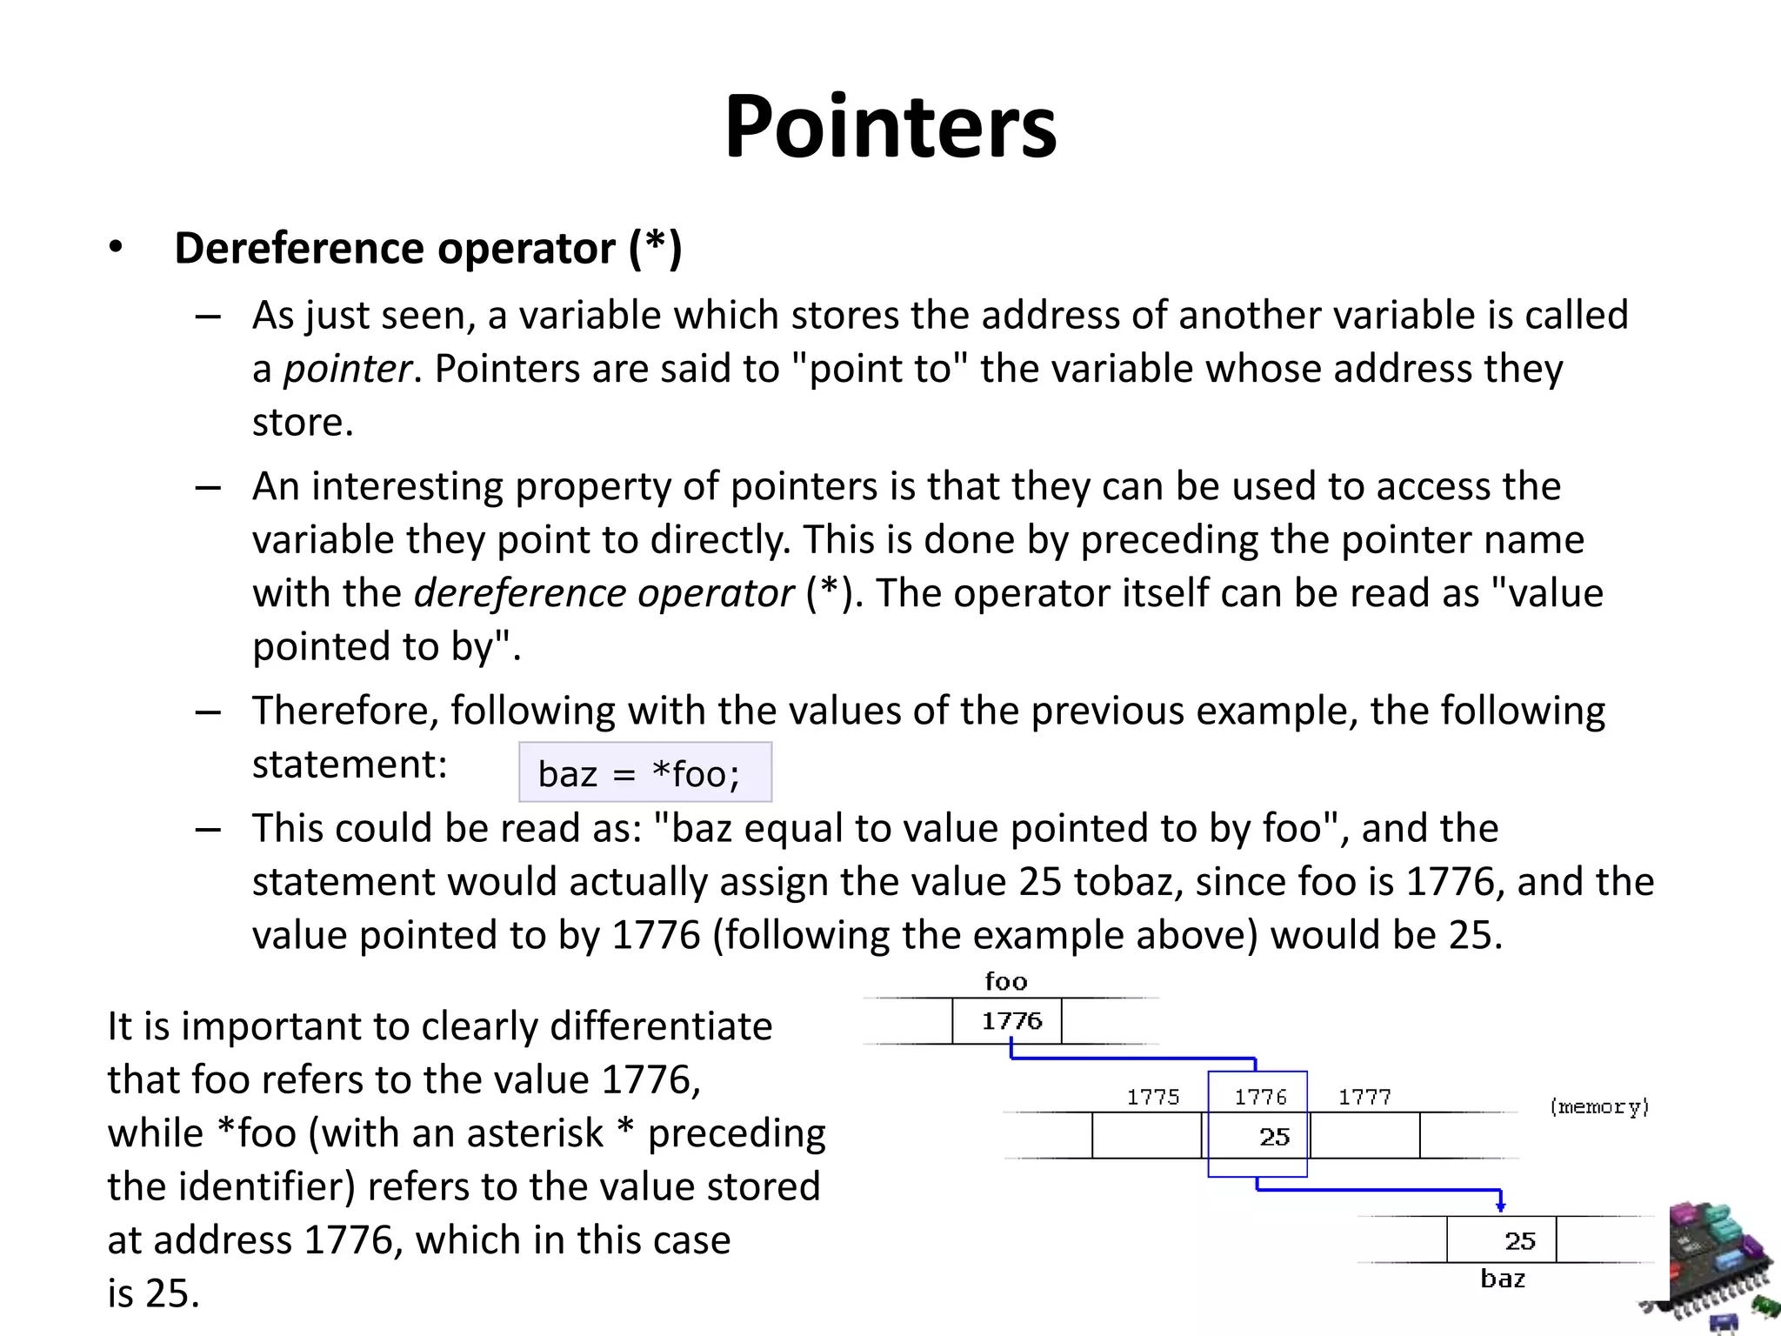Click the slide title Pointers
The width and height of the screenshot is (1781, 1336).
(890, 127)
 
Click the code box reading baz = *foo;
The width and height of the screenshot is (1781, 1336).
(644, 772)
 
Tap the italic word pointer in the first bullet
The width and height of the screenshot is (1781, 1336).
(347, 369)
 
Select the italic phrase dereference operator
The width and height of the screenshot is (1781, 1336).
(604, 593)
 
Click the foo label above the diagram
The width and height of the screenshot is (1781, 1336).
(1006, 982)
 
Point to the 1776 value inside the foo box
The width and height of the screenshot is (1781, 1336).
(1011, 1021)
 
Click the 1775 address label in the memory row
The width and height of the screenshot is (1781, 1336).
(1153, 1097)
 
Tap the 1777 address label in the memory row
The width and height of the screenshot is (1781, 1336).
(1364, 1097)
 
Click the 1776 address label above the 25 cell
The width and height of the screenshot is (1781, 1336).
(1260, 1097)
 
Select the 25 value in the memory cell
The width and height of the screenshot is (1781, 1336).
(1274, 1137)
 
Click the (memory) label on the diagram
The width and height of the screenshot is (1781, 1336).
(1599, 1106)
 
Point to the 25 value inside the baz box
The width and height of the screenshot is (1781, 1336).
(1520, 1240)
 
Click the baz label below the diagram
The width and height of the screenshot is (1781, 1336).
(1503, 1279)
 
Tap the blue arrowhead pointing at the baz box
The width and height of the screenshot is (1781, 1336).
(1500, 1206)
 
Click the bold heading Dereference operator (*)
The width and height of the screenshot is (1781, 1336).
(428, 249)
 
